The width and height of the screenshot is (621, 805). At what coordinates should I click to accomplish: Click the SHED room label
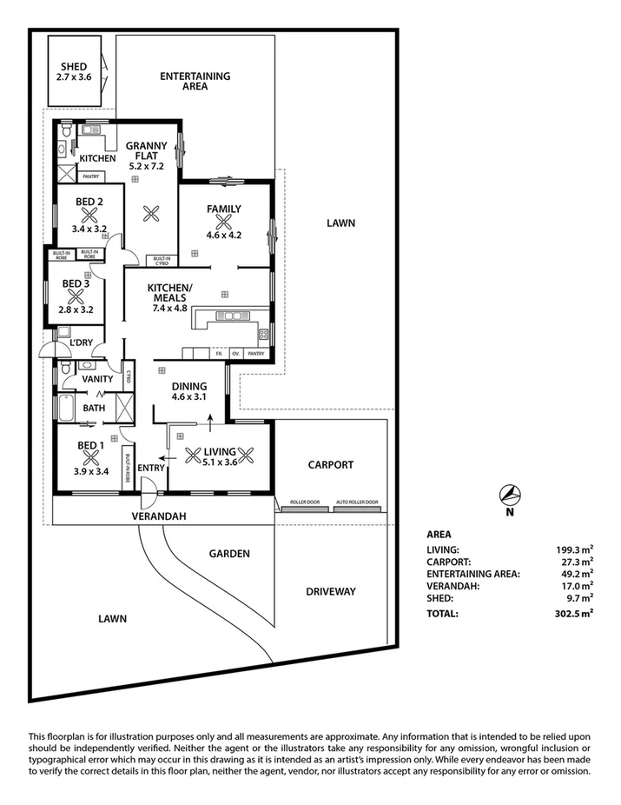click(74, 66)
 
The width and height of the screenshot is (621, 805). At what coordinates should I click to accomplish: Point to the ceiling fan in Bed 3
click(75, 296)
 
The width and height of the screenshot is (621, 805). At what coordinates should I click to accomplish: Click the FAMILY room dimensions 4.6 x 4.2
click(223, 235)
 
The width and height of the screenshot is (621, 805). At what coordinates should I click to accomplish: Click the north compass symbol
click(510, 496)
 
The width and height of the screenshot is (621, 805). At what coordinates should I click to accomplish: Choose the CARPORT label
click(331, 465)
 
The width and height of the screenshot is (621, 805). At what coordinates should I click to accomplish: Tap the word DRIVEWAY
click(331, 592)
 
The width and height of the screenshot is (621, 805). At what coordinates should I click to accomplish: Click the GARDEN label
click(229, 554)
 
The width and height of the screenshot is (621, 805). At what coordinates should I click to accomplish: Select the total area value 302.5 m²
click(574, 613)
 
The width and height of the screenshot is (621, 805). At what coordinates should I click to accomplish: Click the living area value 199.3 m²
click(574, 549)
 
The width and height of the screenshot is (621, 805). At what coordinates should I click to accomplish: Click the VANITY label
click(97, 380)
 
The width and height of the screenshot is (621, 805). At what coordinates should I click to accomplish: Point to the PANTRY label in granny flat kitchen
click(90, 176)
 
